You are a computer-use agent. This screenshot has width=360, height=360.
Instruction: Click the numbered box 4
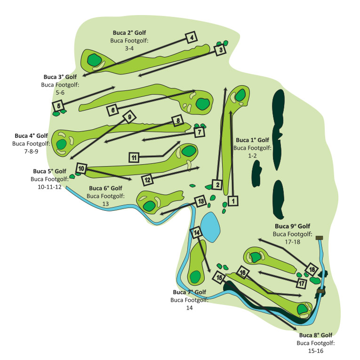192,37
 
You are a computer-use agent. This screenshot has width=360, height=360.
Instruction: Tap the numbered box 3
220,49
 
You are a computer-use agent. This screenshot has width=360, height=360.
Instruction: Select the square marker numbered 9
129,117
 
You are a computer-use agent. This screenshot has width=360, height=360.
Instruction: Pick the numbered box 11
134,158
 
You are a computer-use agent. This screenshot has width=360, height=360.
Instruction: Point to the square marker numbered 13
200,201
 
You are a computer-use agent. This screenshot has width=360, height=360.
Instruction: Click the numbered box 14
196,232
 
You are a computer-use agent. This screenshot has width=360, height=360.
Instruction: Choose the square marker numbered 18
312,270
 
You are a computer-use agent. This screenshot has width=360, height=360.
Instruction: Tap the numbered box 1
233,201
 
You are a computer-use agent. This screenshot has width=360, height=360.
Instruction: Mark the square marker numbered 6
113,110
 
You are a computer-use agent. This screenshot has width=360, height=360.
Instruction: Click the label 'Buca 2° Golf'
129,33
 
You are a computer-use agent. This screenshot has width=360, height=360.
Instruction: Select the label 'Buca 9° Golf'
293,226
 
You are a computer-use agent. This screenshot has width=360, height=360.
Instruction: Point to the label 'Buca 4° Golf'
31,136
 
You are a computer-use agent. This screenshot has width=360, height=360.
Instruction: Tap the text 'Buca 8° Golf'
316,335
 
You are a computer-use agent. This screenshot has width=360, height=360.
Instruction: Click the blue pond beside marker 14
210,227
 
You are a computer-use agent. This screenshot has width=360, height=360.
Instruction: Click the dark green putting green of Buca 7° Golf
195,277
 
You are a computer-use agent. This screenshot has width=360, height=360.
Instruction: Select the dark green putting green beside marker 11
189,152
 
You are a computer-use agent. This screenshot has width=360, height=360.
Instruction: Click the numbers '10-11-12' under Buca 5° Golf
49,187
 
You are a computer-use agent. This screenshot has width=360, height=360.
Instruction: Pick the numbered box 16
242,272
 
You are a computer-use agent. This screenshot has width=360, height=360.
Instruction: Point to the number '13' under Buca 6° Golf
105,204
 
